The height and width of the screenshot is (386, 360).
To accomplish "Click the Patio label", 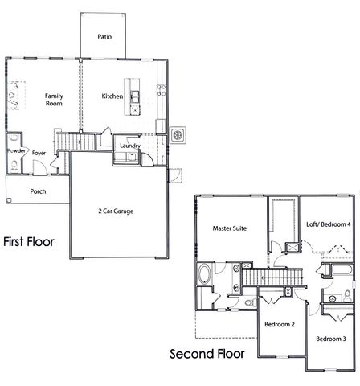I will pos(104,36).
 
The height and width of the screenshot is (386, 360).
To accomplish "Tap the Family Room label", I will pos(53,99).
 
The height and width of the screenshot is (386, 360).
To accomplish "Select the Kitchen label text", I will pos(112,96).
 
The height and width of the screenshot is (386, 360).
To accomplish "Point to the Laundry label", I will pos(129,146).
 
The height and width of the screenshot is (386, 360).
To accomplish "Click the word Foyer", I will pos(38,151).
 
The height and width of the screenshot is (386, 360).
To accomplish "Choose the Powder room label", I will pos(15,151).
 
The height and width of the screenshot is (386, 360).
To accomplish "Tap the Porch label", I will pos(38,191).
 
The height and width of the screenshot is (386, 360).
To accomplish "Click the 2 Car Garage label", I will pos(116,211).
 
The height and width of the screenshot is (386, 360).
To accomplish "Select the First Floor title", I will pos(29,240).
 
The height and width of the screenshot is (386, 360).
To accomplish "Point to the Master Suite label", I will pos(229,228).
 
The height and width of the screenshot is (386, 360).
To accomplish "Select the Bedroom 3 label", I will pos(330,339).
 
